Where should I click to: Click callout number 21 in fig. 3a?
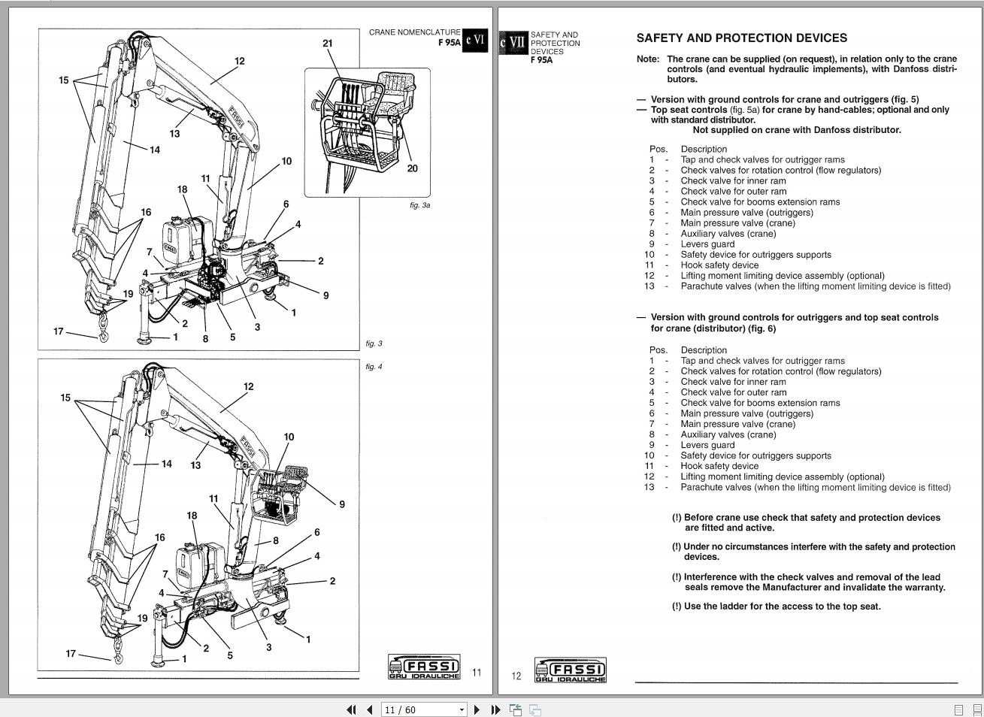(x=327, y=44)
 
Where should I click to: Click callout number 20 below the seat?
(x=412, y=168)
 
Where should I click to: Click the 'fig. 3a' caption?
(x=419, y=205)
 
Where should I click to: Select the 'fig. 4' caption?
(x=374, y=367)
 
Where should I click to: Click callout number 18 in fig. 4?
(x=192, y=516)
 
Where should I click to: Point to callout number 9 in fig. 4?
(x=342, y=504)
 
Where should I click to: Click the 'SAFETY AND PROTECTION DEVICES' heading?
(x=741, y=38)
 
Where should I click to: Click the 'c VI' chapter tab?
(x=474, y=40)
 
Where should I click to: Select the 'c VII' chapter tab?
(x=513, y=43)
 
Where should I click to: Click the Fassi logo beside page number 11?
(x=423, y=667)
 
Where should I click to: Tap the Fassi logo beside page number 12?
(x=570, y=670)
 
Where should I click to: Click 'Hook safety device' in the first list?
(x=719, y=265)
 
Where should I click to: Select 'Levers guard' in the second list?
(x=707, y=445)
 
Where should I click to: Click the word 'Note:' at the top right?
(x=647, y=59)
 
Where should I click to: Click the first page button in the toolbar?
(x=351, y=709)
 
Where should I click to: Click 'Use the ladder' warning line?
(x=782, y=607)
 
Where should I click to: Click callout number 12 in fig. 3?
(x=239, y=62)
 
